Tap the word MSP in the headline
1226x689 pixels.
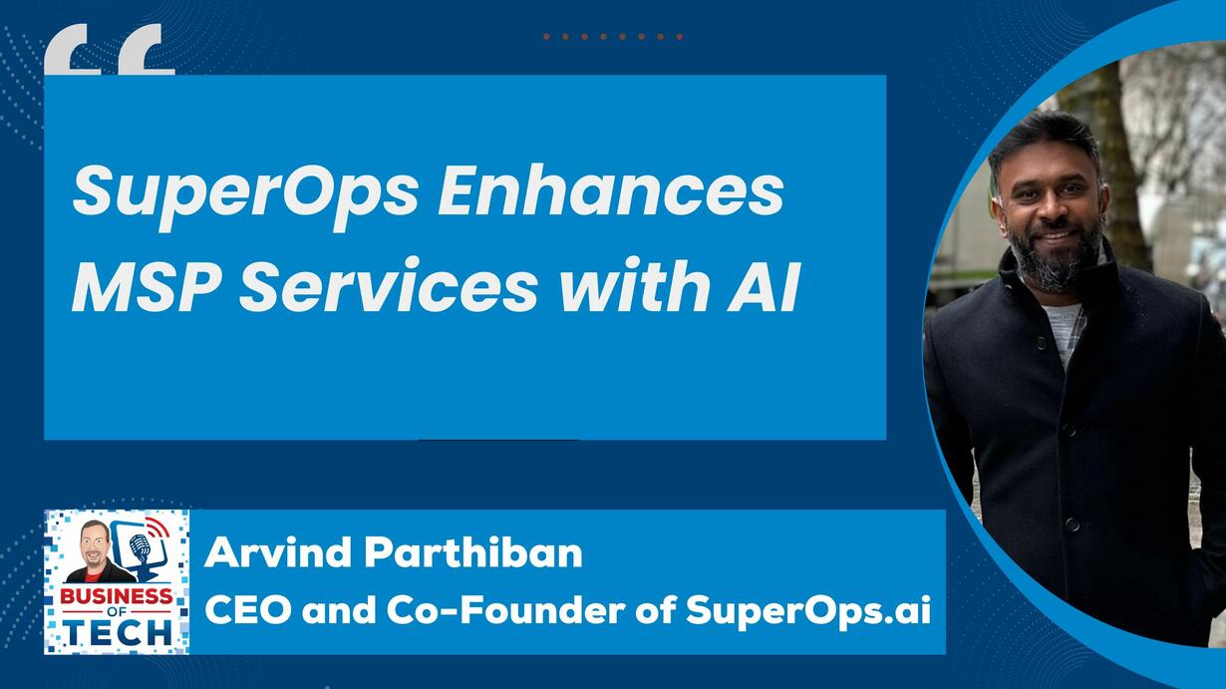click(x=147, y=285)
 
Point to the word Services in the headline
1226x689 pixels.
click(x=389, y=285)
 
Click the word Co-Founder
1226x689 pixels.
click(x=505, y=609)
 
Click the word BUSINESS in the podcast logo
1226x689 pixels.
click(x=117, y=596)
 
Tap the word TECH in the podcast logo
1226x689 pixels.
click(x=120, y=632)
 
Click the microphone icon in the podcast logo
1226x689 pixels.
click(x=141, y=547)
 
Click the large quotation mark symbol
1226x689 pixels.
click(x=110, y=49)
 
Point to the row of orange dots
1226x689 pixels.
click(x=612, y=37)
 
